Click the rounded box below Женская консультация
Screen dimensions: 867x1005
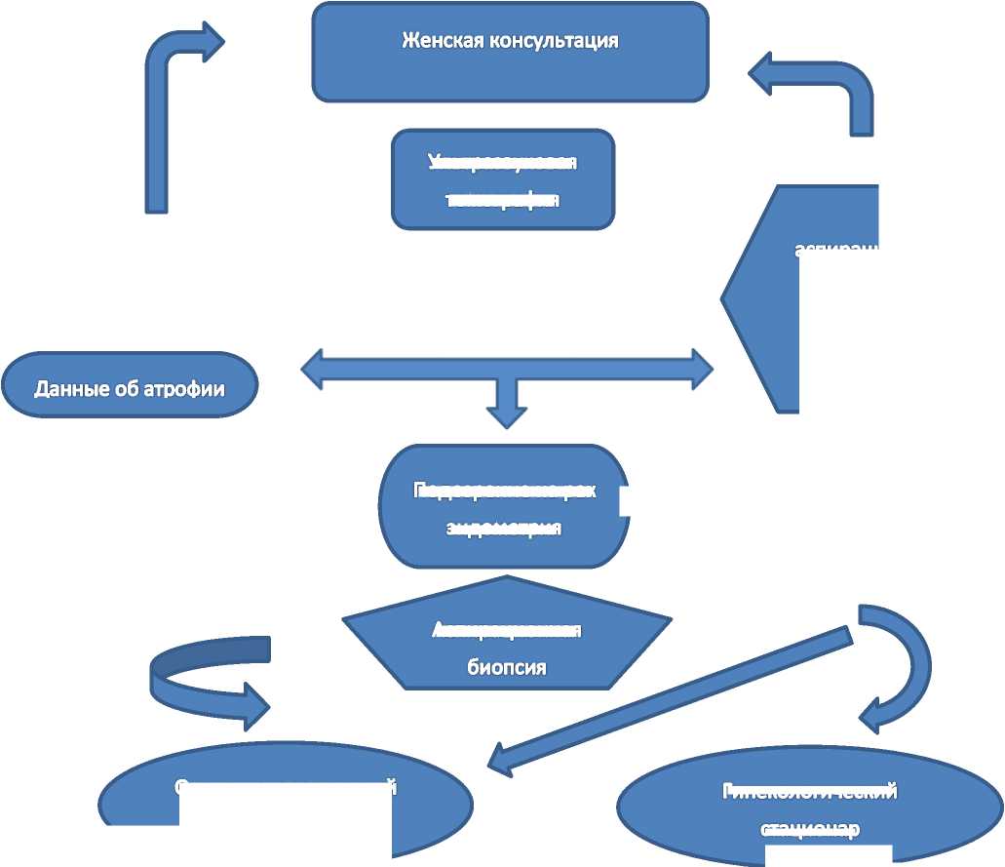503,179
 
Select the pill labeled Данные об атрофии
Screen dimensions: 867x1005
130,386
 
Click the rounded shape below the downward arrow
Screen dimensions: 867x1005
503,507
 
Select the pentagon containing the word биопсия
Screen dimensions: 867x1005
507,639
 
